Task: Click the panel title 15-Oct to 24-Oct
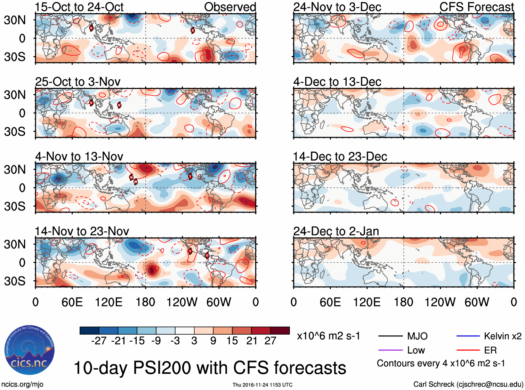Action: [x=79, y=7]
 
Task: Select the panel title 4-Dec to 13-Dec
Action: [x=337, y=82]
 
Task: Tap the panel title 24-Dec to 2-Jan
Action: [x=336, y=231]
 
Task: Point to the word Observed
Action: [x=230, y=7]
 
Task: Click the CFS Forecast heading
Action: [x=476, y=7]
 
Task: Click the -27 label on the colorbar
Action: [x=99, y=341]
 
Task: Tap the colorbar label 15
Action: [x=232, y=341]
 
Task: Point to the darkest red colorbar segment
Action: [x=280, y=331]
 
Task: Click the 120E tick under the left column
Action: [x=109, y=302]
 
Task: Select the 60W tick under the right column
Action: [x=477, y=302]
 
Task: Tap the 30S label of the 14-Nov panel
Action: [x=15, y=281]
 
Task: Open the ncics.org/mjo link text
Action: [x=22, y=384]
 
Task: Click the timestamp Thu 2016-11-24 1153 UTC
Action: [x=262, y=385]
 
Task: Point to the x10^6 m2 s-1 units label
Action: [x=328, y=336]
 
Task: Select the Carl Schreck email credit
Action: [x=468, y=384]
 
